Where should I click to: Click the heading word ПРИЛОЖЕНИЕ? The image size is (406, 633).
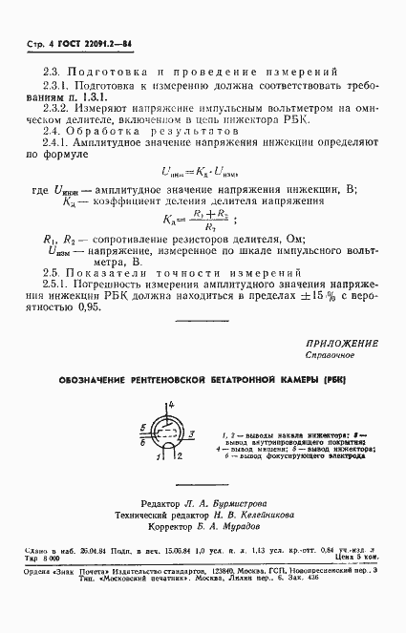click(343, 344)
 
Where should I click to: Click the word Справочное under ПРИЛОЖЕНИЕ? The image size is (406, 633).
click(332, 355)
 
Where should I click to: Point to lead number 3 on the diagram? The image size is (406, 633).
click(192, 433)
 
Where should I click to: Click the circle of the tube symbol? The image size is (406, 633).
click(167, 433)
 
